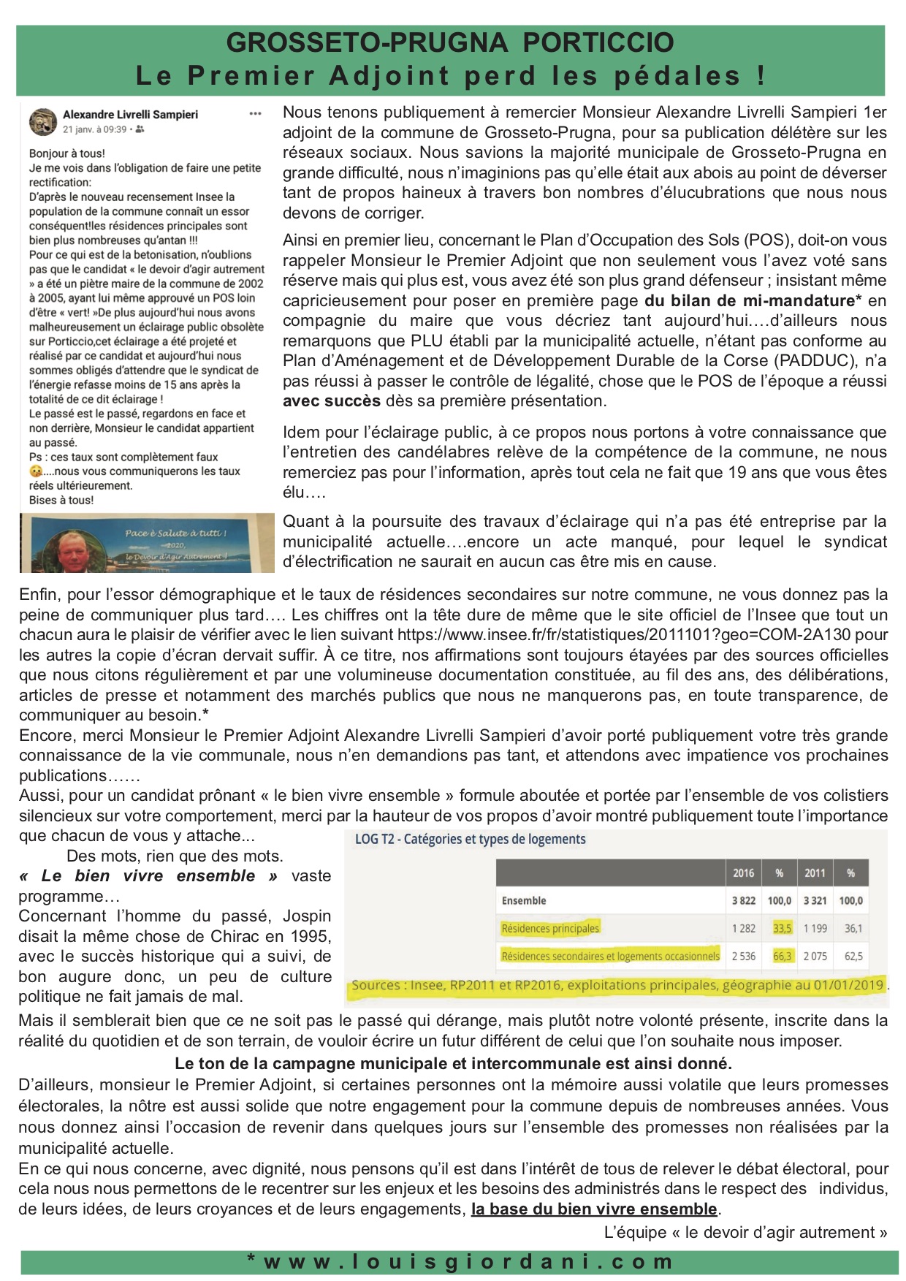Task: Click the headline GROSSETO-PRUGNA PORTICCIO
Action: [x=450, y=42]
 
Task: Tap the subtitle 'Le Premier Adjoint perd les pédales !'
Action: [x=450, y=76]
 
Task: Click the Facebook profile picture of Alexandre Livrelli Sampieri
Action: [x=43, y=121]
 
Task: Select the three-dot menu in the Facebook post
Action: [x=255, y=114]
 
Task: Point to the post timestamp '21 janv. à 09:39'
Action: [x=95, y=129]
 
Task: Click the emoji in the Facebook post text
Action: [x=35, y=472]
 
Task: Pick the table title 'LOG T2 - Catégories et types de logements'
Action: [x=470, y=839]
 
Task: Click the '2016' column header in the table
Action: [x=743, y=873]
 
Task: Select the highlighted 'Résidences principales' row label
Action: [x=549, y=928]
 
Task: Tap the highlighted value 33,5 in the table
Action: [x=782, y=928]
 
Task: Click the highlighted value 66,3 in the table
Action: [x=782, y=956]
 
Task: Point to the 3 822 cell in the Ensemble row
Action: [x=743, y=900]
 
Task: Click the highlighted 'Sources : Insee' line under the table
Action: [x=617, y=985]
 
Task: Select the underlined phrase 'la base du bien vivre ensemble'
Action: [x=594, y=1209]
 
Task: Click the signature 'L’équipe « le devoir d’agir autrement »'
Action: [x=745, y=1233]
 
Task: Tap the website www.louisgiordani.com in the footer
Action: [x=460, y=1262]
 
